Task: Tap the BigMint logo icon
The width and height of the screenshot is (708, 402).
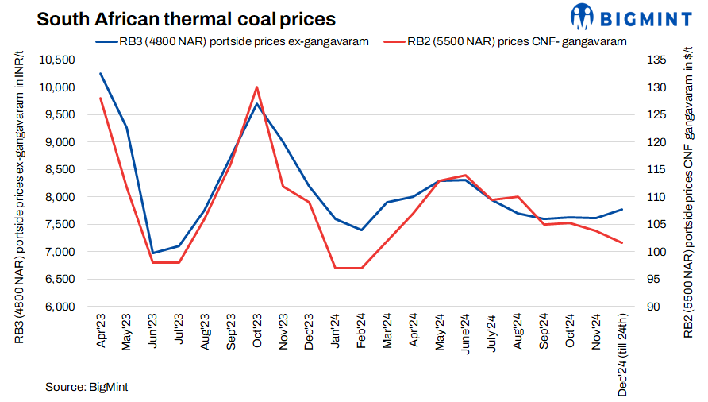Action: (581, 16)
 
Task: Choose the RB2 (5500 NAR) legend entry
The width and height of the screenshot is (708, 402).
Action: (503, 41)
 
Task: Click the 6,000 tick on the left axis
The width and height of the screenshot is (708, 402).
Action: (59, 307)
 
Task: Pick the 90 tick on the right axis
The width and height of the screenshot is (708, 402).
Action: (655, 307)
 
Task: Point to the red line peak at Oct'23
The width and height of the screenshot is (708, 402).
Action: (256, 87)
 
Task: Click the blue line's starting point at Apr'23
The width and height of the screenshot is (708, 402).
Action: (100, 73)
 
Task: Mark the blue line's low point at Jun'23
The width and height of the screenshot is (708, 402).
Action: (152, 253)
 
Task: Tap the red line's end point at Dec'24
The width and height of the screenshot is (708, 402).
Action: (622, 242)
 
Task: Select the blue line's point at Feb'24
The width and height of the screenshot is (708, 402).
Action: (361, 230)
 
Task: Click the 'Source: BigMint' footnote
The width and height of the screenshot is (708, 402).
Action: (87, 387)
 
